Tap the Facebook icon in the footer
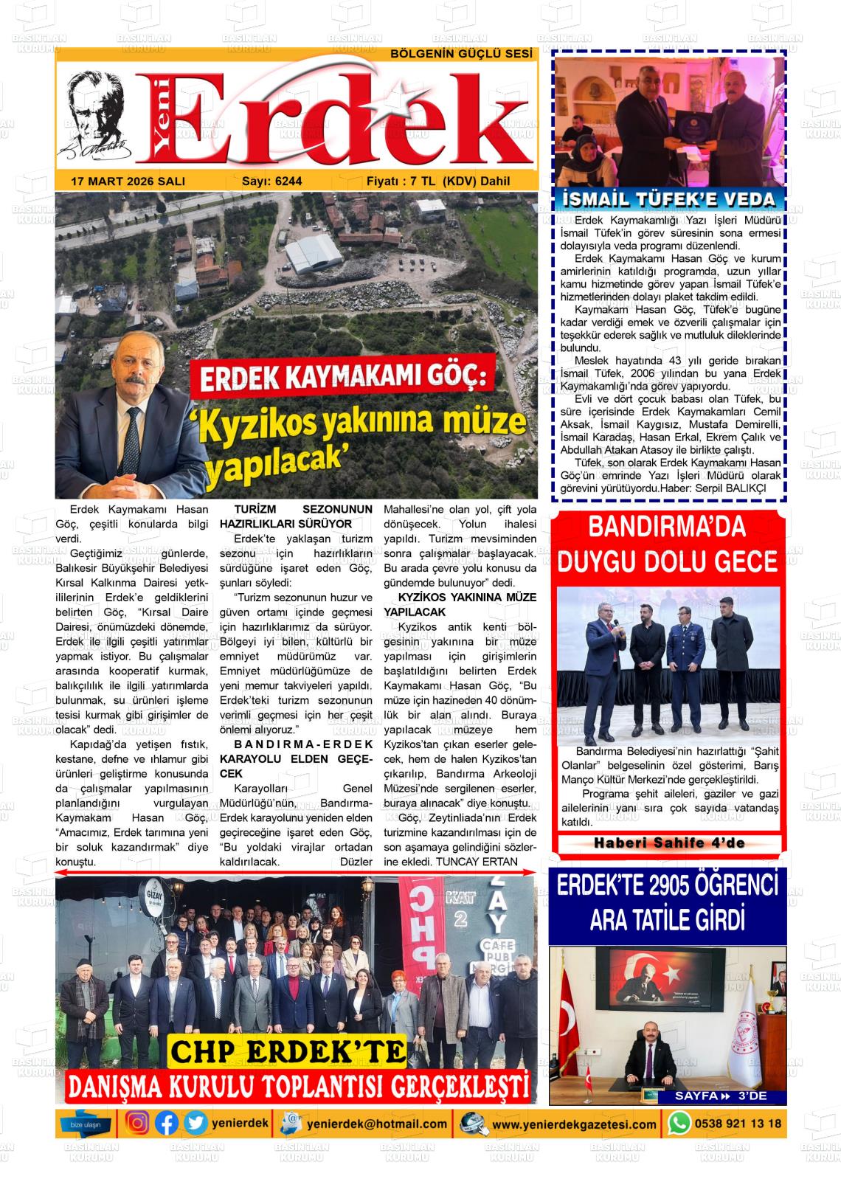pyautogui.click(x=167, y=1124)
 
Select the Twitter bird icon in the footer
pyautogui.click(x=195, y=1124)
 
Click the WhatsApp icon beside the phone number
pyautogui.click(x=679, y=1124)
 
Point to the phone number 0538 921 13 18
pyautogui.click(x=737, y=1124)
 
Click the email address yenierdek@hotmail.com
pyautogui.click(x=377, y=1124)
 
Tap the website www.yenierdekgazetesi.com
pyautogui.click(x=574, y=1124)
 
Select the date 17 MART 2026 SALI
pyautogui.click(x=128, y=181)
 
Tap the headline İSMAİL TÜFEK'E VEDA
pyautogui.click(x=668, y=199)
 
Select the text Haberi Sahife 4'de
pyautogui.click(x=669, y=843)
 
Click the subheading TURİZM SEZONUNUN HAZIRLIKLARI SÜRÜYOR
pyautogui.click(x=296, y=516)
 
